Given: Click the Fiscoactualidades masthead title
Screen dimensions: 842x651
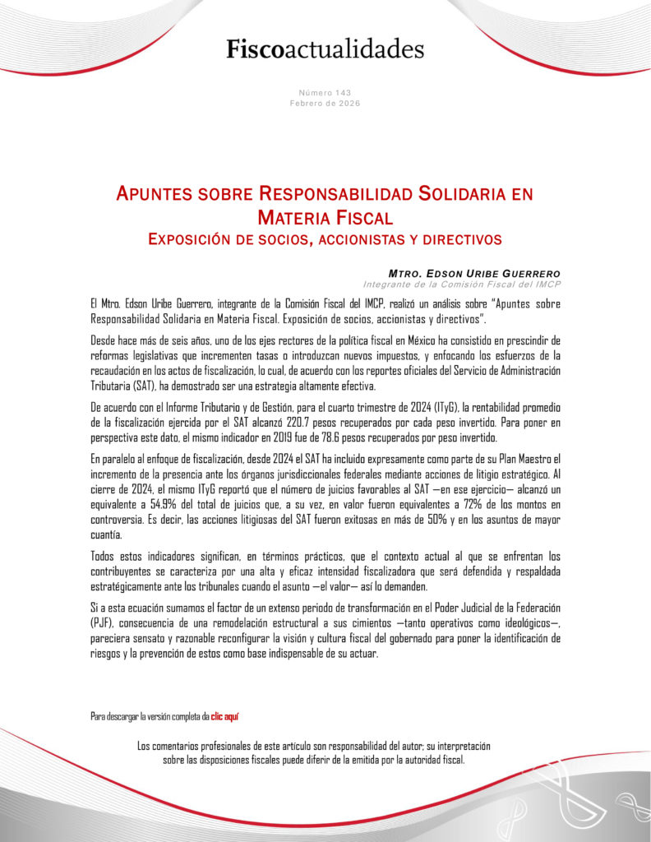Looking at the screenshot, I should [x=325, y=49].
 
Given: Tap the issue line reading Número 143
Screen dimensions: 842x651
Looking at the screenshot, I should [x=325, y=93].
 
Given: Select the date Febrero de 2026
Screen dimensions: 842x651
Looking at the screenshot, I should [x=325, y=103].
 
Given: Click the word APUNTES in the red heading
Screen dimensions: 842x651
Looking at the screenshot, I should [x=156, y=195].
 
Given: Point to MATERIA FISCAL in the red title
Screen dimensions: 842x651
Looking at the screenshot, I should [x=325, y=218].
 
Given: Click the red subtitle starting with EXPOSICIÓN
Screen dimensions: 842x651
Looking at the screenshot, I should [x=325, y=239].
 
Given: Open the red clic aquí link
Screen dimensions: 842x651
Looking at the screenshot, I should [x=224, y=716].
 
